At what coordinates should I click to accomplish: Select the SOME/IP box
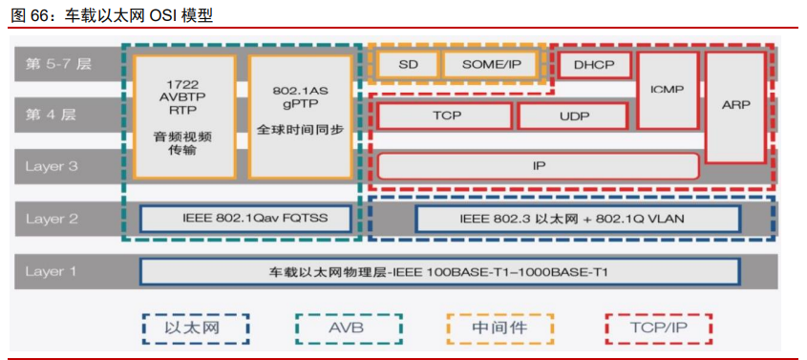tap(491, 64)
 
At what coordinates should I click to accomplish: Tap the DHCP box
tap(594, 64)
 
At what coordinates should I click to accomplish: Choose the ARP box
tap(735, 106)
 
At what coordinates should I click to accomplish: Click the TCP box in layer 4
tap(445, 116)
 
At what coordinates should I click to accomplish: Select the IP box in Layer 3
tap(539, 165)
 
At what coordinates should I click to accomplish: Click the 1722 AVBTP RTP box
tap(184, 116)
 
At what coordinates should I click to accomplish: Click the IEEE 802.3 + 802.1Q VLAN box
tap(576, 219)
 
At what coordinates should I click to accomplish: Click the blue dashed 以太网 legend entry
tap(194, 328)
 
